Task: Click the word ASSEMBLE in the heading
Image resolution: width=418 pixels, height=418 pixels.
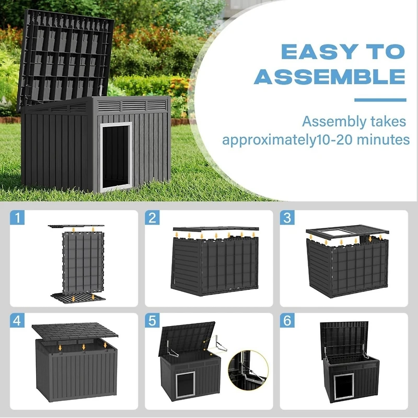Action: click(x=329, y=77)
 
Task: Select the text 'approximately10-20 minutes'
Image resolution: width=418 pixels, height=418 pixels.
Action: click(x=316, y=140)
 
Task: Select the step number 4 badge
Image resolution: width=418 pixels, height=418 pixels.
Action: click(x=18, y=320)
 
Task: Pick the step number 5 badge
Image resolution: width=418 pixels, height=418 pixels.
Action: click(x=152, y=320)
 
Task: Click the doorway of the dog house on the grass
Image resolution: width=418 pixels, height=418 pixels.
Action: click(x=115, y=156)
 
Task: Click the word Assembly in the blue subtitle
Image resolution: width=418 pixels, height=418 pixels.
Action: click(x=332, y=122)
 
